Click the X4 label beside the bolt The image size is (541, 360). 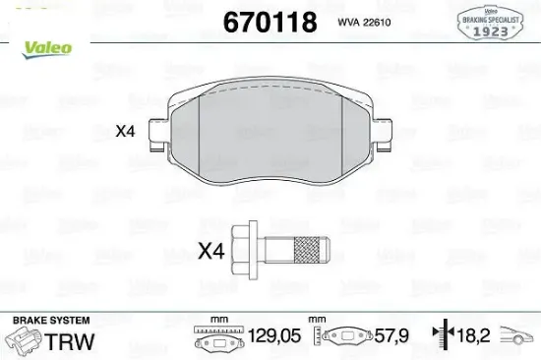click(212, 252)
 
